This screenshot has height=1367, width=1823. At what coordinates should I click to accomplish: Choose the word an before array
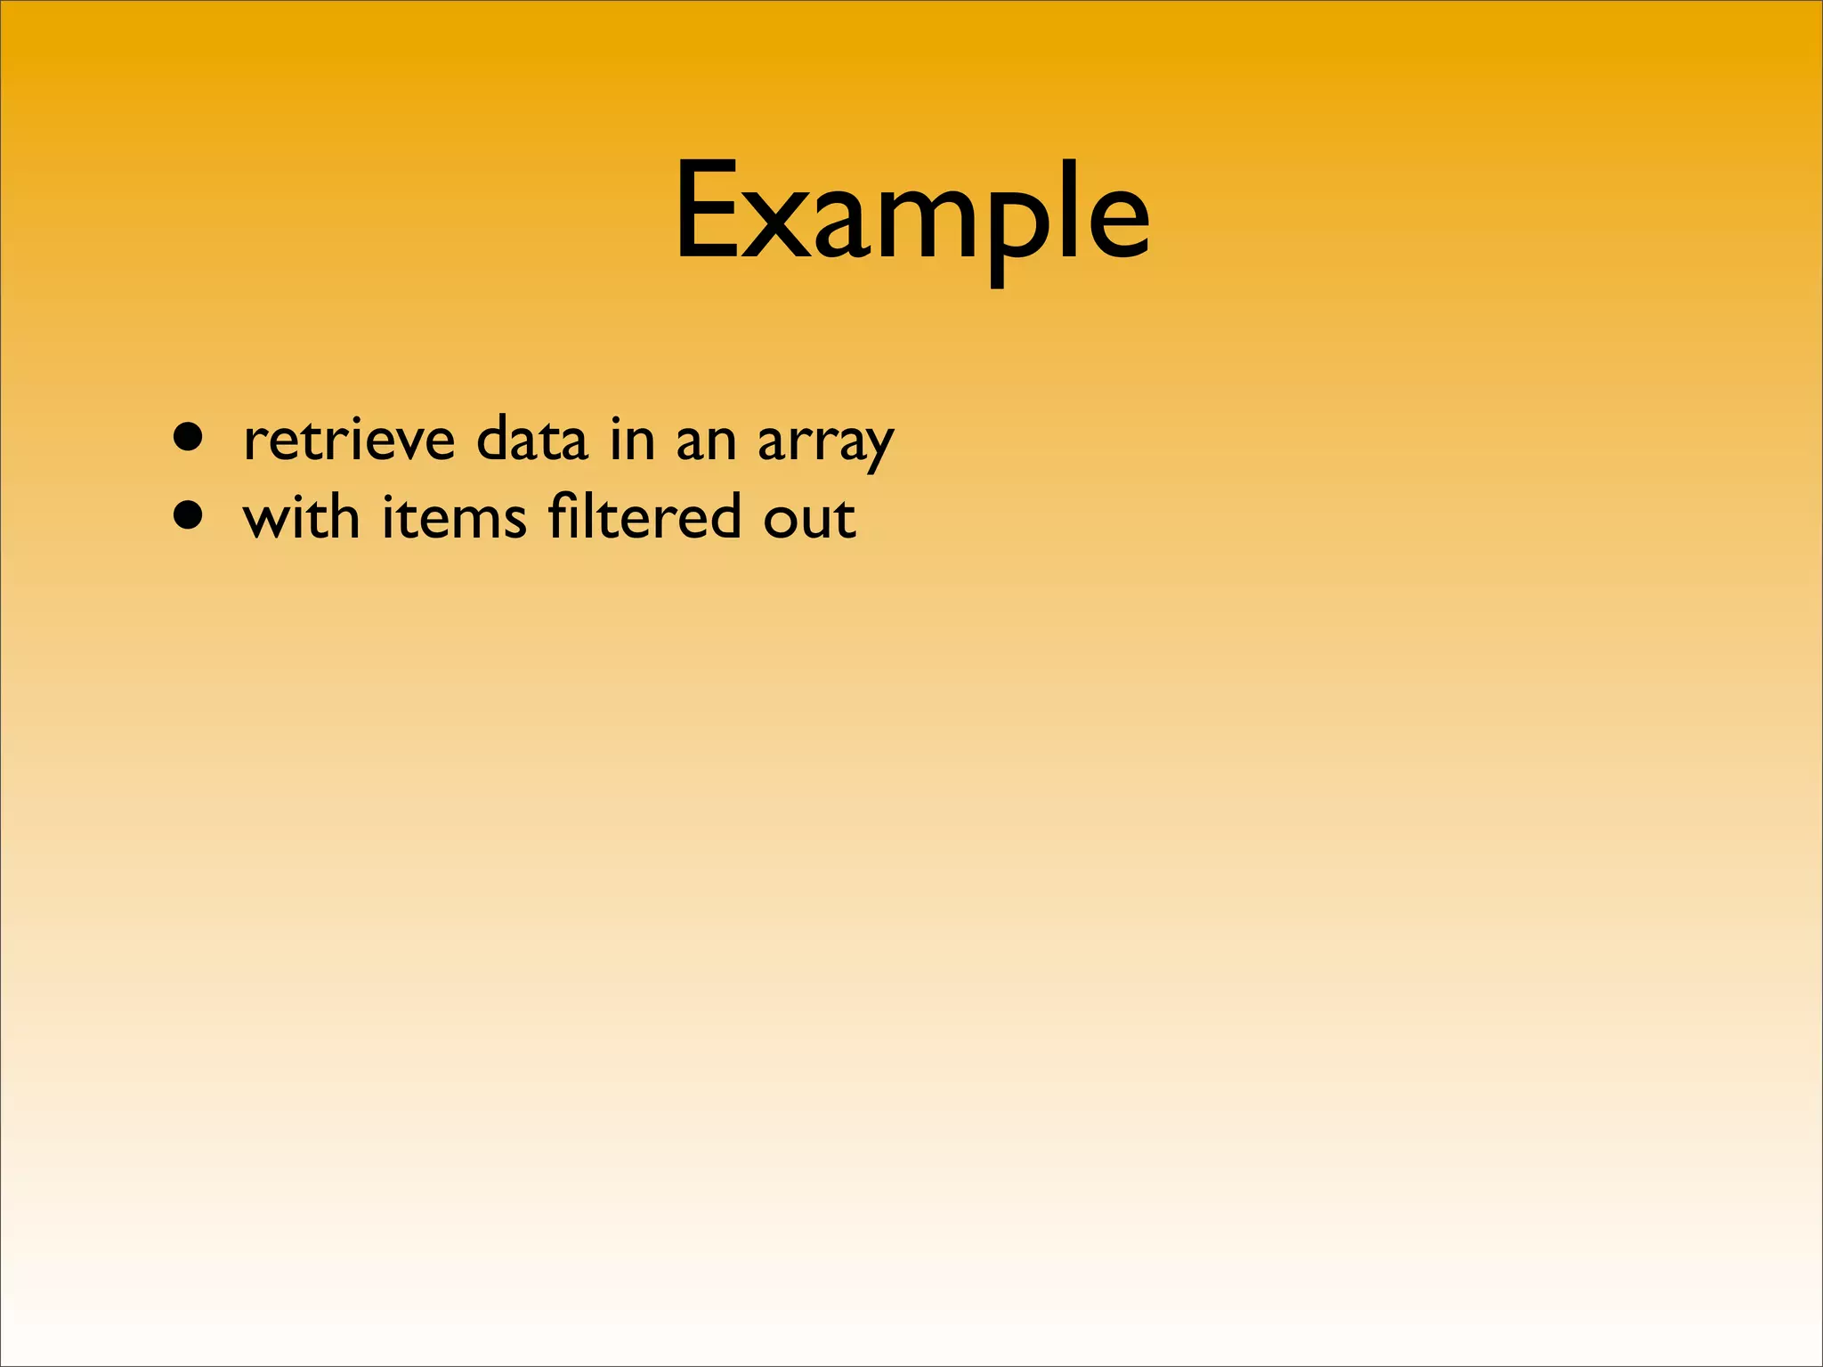tap(706, 441)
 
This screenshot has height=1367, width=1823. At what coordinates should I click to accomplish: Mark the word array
tap(825, 442)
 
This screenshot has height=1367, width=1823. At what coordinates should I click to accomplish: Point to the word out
tap(809, 518)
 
